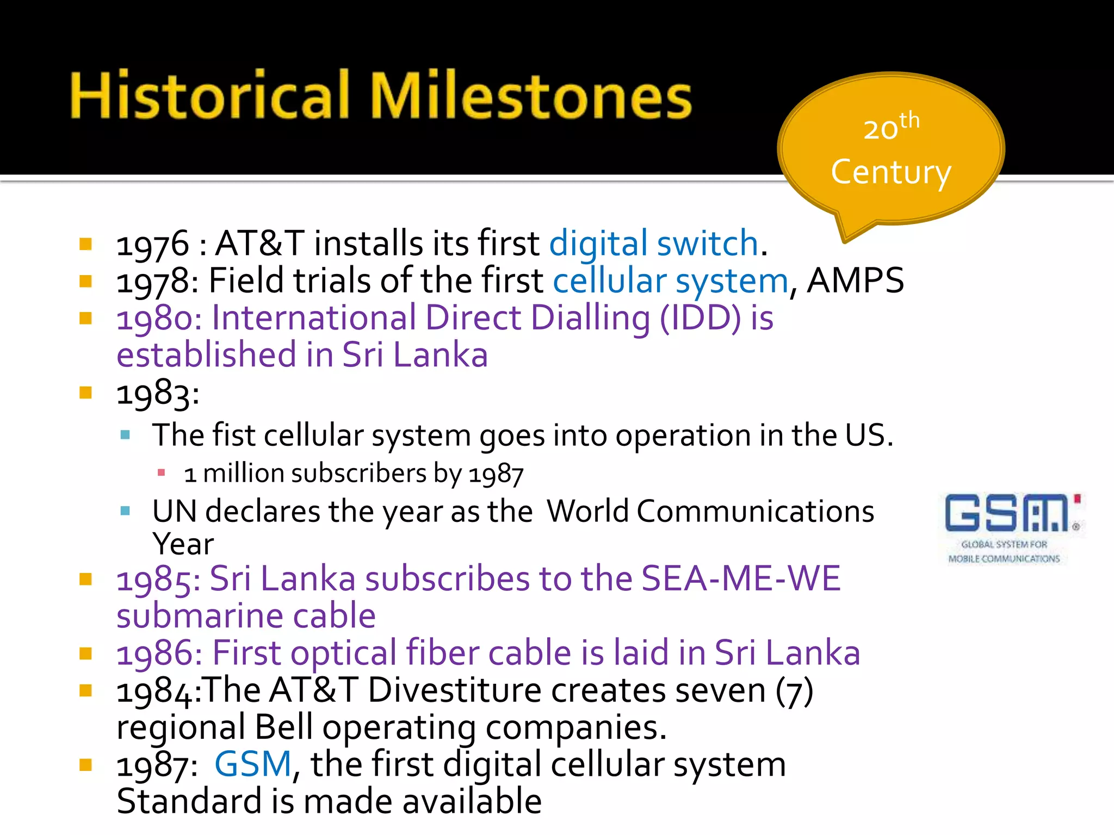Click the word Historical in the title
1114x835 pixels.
(x=210, y=97)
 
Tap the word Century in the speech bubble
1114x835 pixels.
(x=891, y=173)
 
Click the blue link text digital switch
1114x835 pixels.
(x=653, y=243)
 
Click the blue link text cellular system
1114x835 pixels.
(x=670, y=281)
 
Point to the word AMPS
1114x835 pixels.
(x=855, y=281)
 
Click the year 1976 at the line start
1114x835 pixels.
(x=153, y=244)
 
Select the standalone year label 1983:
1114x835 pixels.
(x=158, y=393)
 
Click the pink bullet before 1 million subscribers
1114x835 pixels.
(x=161, y=472)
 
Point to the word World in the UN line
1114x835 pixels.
(x=587, y=512)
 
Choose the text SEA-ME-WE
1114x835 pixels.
(x=741, y=578)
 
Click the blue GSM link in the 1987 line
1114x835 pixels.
(x=253, y=764)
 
